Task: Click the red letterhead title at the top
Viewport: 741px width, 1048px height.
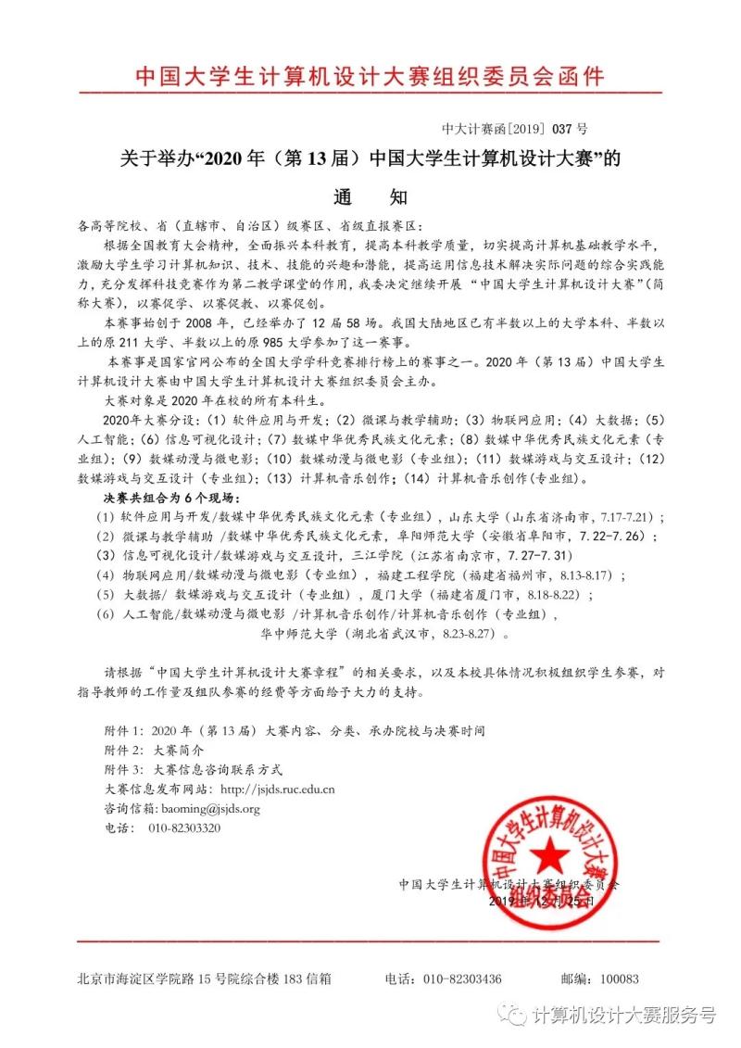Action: (x=370, y=75)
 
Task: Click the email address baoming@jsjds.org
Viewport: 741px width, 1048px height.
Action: (x=209, y=809)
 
